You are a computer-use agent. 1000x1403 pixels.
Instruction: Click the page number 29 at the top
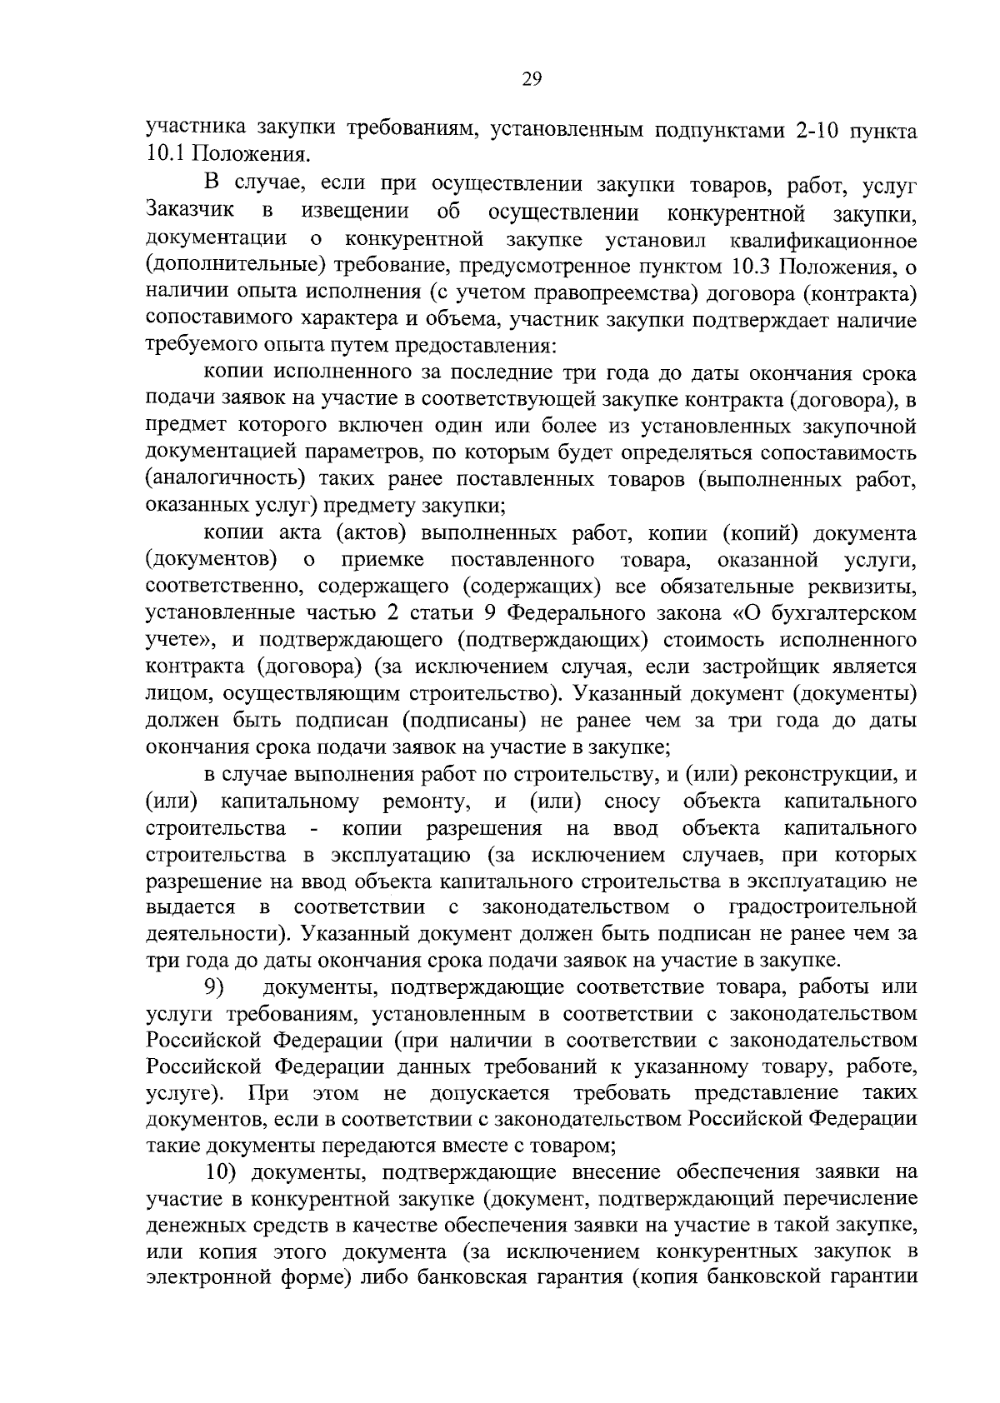532,79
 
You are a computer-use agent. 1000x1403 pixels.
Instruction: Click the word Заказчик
189,212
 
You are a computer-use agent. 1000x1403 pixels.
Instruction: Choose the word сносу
632,801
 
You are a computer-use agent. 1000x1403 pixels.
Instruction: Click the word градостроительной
822,906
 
